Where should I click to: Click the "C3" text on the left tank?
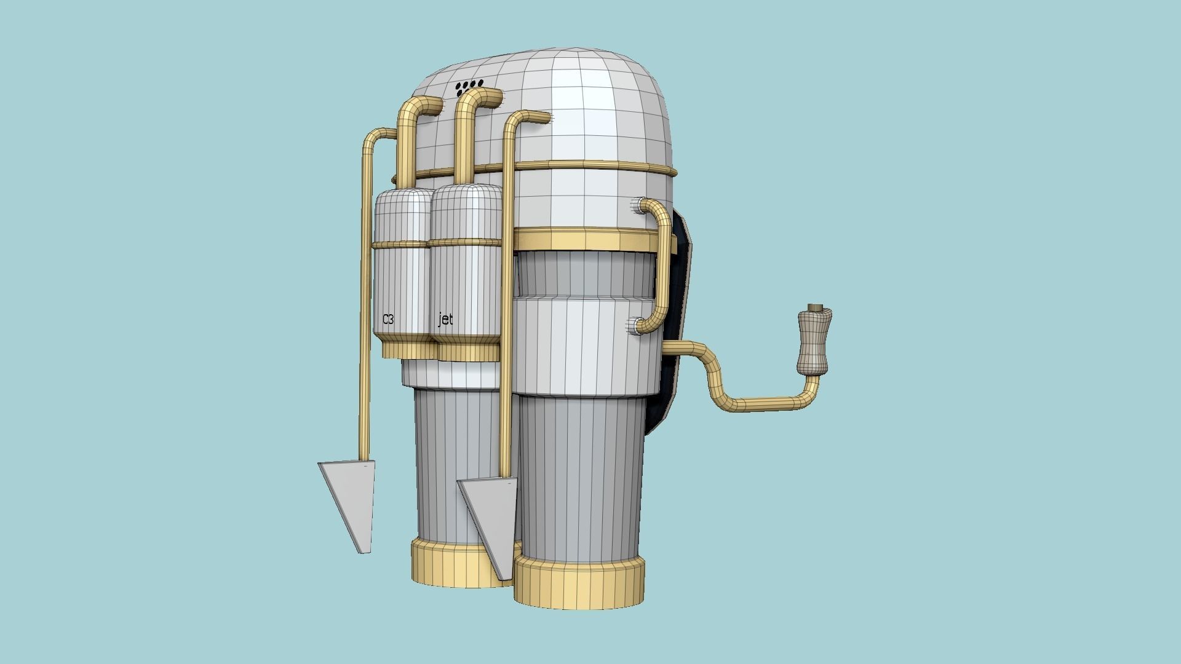(x=388, y=319)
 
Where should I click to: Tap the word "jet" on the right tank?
(x=445, y=319)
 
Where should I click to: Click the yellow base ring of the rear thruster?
(x=443, y=563)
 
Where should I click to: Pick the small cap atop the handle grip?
(x=817, y=307)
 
